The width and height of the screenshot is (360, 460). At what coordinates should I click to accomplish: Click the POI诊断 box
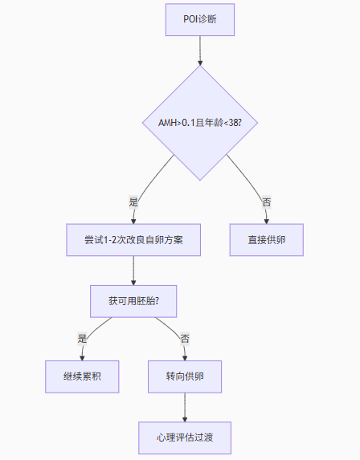200,19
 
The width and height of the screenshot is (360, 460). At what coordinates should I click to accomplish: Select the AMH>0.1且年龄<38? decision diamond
200,123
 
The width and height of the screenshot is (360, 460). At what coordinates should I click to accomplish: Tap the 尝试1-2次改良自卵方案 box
133,240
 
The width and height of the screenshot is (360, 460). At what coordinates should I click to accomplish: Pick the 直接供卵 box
267,240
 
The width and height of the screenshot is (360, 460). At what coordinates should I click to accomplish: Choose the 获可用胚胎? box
133,301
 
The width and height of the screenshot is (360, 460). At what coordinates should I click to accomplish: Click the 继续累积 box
82,377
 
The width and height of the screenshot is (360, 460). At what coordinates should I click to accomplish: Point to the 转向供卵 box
185,377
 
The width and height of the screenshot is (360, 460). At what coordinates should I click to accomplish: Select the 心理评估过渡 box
185,438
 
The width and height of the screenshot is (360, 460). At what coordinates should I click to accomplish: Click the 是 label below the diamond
133,202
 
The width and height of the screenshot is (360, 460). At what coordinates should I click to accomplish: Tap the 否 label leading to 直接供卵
267,202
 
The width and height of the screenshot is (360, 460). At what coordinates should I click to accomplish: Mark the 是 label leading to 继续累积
82,339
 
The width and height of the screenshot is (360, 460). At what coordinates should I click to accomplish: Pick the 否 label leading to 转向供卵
185,339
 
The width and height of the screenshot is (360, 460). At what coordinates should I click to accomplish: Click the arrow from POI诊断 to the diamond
200,51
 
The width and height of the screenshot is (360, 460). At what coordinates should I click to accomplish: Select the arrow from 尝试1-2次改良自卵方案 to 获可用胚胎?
133,271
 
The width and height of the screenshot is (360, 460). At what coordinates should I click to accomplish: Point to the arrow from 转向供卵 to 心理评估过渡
185,408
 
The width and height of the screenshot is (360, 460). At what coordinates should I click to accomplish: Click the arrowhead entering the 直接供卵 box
267,222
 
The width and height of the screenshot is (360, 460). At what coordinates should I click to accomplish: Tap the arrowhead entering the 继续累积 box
82,358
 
